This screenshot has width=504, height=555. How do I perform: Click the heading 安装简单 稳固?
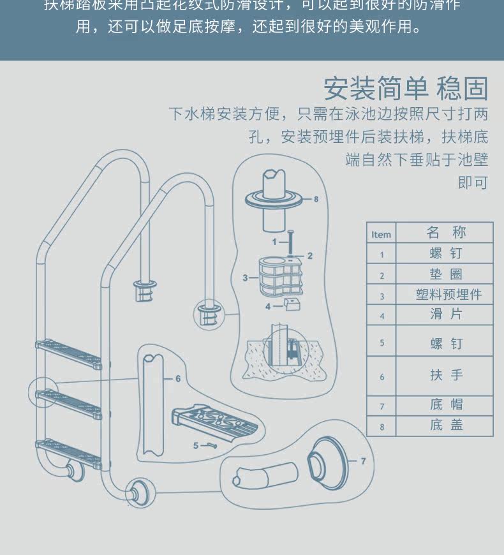pyautogui.click(x=405, y=89)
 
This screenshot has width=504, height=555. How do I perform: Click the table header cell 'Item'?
pyautogui.click(x=381, y=234)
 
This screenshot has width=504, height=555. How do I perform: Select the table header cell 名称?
pyautogui.click(x=445, y=232)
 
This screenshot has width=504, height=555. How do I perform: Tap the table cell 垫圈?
pyautogui.click(x=445, y=274)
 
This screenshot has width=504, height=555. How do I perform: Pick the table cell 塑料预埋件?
pyautogui.click(x=445, y=295)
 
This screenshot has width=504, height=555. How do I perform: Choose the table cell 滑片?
pyautogui.click(x=445, y=314)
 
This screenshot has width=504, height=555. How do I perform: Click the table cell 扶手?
pyautogui.click(x=445, y=376)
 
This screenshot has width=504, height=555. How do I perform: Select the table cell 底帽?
pyautogui.click(x=445, y=405)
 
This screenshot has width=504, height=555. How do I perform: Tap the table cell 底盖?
pyautogui.click(x=445, y=426)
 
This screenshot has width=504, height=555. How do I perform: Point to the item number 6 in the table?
pyautogui.click(x=382, y=377)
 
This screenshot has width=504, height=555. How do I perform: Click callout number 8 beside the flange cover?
pyautogui.click(x=315, y=199)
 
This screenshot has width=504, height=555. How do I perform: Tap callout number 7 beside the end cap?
pyautogui.click(x=363, y=461)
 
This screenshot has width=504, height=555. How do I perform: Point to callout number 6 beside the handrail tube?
pyautogui.click(x=178, y=378)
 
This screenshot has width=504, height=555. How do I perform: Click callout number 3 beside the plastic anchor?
pyautogui.click(x=245, y=277)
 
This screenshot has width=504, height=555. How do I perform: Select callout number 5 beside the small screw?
pyautogui.click(x=196, y=445)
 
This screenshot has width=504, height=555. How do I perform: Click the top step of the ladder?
pyautogui.click(x=68, y=353)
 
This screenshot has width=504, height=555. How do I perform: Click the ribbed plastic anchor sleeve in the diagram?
pyautogui.click(x=279, y=276)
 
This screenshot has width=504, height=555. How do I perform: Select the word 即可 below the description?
pyautogui.click(x=472, y=183)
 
